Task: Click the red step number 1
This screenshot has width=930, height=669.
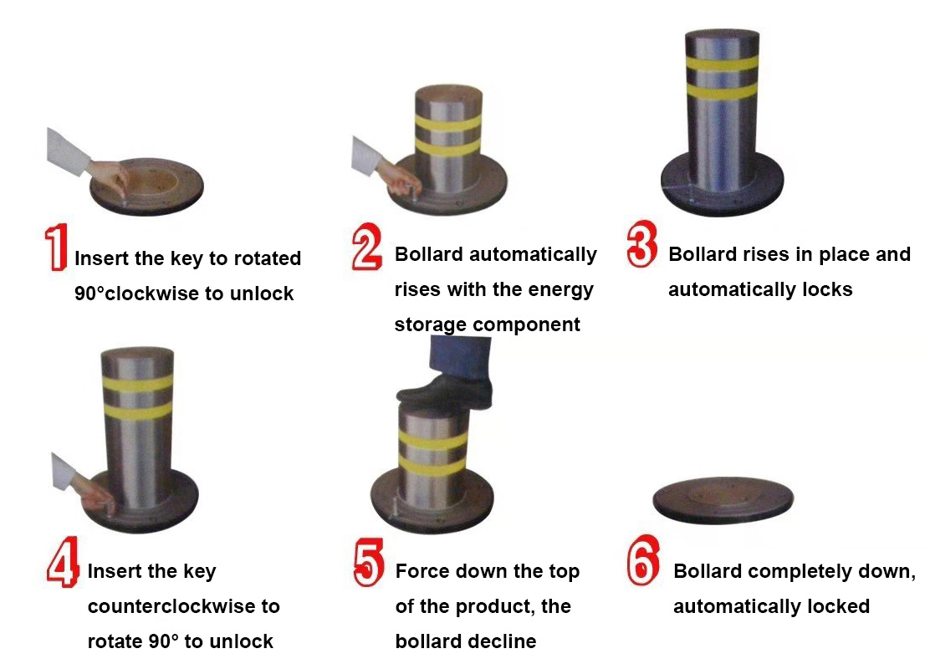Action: click(x=56, y=248)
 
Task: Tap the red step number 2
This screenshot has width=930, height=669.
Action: click(x=366, y=247)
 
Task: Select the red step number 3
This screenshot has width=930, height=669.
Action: click(x=641, y=243)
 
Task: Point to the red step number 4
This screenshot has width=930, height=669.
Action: click(x=63, y=562)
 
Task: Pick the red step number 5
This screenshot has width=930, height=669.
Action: click(x=368, y=563)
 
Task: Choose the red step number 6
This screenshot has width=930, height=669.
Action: click(x=643, y=560)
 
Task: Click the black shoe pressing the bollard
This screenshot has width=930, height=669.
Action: click(x=445, y=392)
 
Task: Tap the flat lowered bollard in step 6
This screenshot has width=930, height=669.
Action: click(x=723, y=500)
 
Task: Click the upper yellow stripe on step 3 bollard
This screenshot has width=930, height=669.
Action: click(x=722, y=64)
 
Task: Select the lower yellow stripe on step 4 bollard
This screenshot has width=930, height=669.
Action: click(x=138, y=411)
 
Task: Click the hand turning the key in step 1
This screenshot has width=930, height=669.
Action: click(x=110, y=176)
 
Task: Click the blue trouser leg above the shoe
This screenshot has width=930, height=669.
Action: click(x=461, y=358)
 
